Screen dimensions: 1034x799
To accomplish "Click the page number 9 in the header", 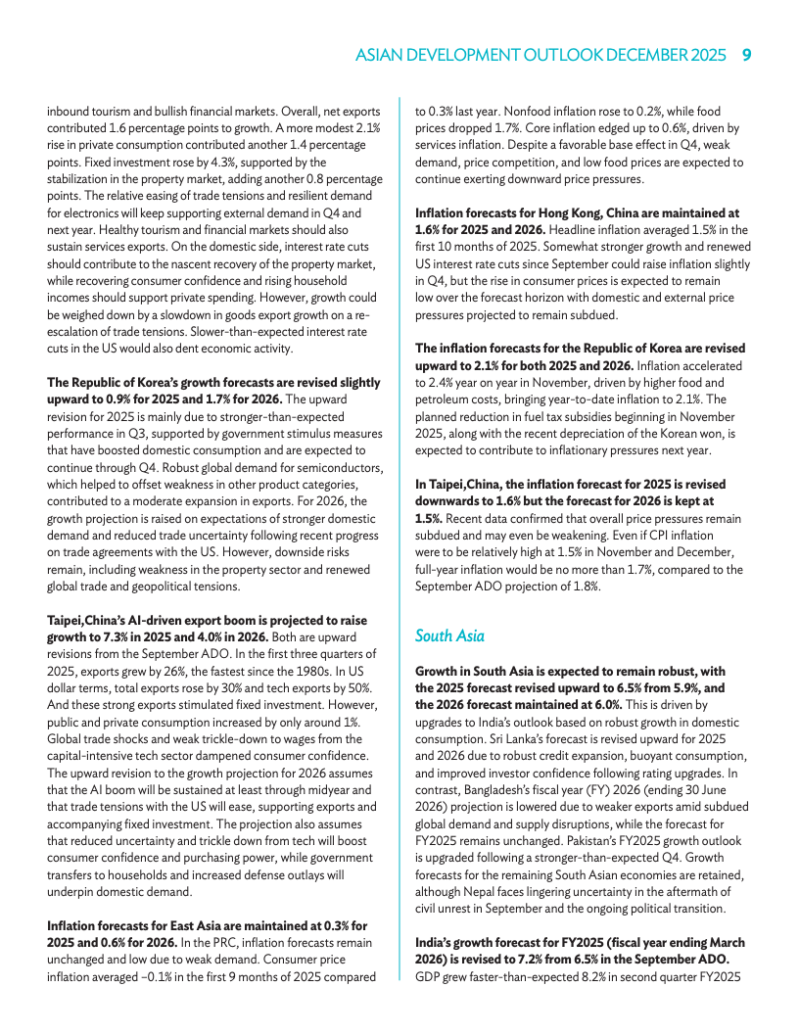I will pyautogui.click(x=746, y=56).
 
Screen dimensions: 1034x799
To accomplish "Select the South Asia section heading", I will pyautogui.click(x=449, y=635).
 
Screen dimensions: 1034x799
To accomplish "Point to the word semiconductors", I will pyautogui.click(x=334, y=468).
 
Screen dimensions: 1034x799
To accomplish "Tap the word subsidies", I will pyautogui.click(x=587, y=415).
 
